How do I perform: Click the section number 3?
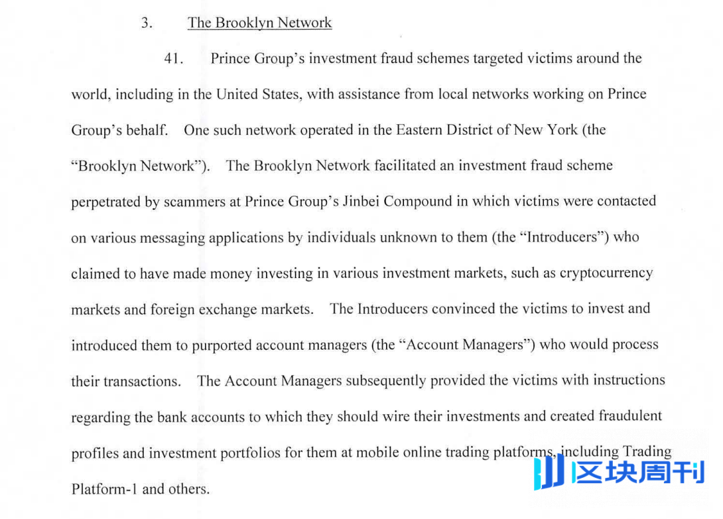[147, 23]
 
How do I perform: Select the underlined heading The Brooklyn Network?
[259, 23]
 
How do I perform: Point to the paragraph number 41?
[173, 58]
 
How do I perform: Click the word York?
[559, 130]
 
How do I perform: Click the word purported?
[223, 346]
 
